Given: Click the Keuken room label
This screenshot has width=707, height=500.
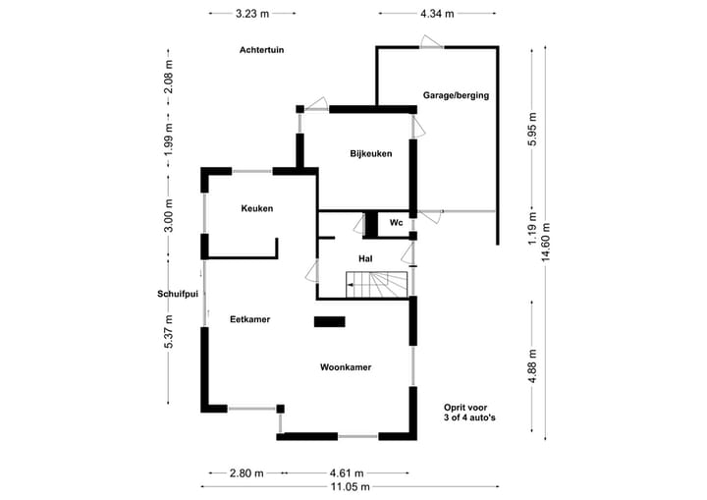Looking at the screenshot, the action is coord(257,208).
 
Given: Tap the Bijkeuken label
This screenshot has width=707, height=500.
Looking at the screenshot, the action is coord(371,154).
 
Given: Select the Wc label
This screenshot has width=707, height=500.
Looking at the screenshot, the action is coord(397,223).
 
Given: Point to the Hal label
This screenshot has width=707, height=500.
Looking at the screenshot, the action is coord(365,259).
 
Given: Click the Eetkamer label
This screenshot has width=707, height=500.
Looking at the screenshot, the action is coord(250,319).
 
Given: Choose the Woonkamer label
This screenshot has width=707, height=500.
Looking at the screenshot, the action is coord(346,367).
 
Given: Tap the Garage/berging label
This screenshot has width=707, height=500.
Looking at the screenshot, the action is coord(456,95).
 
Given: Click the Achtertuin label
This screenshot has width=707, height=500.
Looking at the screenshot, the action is coord(262,50).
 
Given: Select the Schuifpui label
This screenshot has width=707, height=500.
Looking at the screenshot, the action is coord(178,295).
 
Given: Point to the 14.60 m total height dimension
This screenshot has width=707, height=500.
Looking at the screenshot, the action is coord(546,243).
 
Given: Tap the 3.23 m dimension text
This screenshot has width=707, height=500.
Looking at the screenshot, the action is coord(252,14).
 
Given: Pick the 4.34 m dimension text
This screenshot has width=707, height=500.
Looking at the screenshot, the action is coord(437,14).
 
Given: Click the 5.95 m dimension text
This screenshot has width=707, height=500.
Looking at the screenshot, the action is coord(532,129).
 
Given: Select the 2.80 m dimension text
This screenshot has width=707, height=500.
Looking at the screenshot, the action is coord(246,473).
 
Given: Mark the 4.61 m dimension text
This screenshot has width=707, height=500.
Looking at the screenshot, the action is coord(347,473).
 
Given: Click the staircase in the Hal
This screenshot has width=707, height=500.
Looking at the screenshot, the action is coord(376,285).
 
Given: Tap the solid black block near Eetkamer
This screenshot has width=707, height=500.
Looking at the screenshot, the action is coord(330,322).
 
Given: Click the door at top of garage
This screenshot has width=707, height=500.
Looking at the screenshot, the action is coord(431,42).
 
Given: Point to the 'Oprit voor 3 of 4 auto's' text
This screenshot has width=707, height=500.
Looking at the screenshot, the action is coord(469,413).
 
